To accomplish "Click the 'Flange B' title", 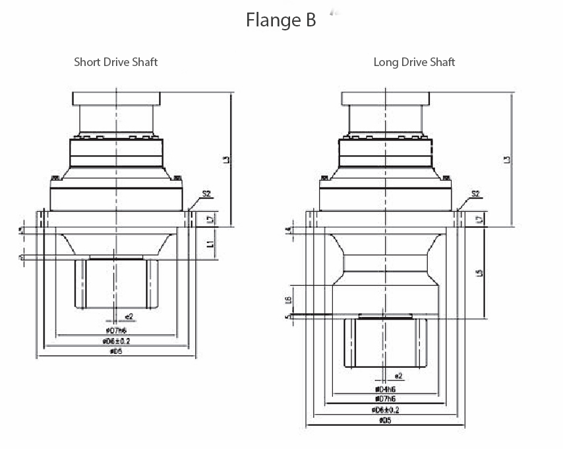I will click(281, 20).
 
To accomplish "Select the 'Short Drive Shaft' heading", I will click(115, 62).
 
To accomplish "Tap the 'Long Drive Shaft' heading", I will click(414, 62).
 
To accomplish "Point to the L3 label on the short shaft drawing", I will click(226, 159).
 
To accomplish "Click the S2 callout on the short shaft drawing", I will click(206, 193).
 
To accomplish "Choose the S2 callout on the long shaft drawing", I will click(476, 193).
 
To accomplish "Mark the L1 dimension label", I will click(210, 244).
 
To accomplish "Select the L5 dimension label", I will click(480, 271).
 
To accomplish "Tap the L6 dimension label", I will click(288, 300).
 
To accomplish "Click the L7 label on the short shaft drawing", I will click(210, 219).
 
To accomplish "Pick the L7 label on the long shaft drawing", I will click(480, 219).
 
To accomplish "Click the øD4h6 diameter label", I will click(386, 389).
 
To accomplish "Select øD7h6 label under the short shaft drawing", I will click(117, 329).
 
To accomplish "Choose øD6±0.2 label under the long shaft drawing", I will click(386, 409).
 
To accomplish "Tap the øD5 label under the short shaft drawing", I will click(117, 351).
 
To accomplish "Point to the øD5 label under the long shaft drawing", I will click(386, 420).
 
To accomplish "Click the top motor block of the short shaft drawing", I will click(117, 98).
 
